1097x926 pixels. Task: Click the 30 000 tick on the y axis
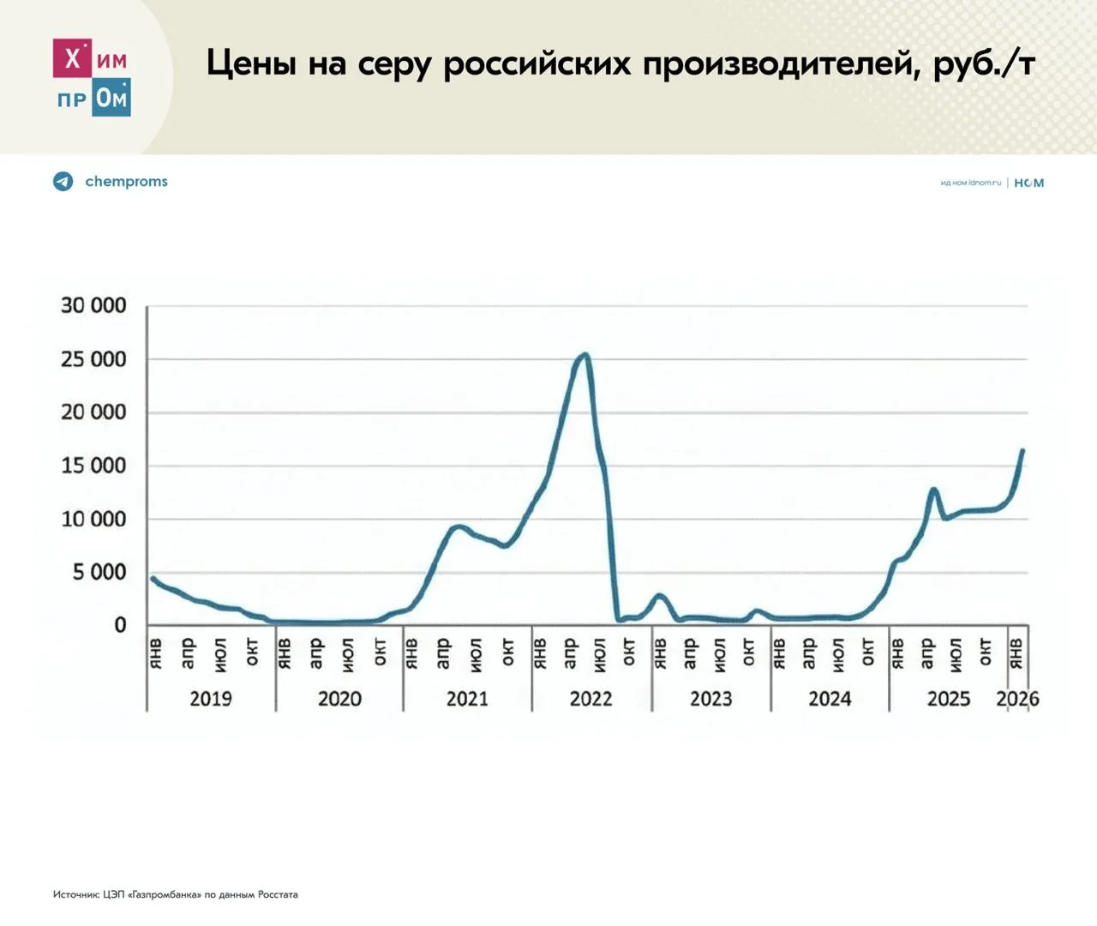(x=93, y=306)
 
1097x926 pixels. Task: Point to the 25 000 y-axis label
(x=93, y=359)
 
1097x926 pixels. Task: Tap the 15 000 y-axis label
(x=93, y=466)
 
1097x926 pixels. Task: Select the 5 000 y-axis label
(x=99, y=572)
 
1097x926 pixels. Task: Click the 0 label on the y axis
(x=120, y=626)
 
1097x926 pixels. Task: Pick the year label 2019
(x=211, y=699)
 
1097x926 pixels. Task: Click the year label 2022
(x=591, y=699)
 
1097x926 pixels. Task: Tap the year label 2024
(x=830, y=699)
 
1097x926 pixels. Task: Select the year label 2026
(x=1017, y=699)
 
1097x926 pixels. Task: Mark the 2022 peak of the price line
(x=584, y=354)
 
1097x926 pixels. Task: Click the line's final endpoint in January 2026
(x=1022, y=451)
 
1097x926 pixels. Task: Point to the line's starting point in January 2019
(x=153, y=579)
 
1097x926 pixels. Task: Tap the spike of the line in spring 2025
(x=933, y=490)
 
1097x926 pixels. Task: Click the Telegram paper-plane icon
(x=63, y=182)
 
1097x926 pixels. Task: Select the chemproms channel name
(x=126, y=182)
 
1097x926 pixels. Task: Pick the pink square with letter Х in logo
(x=72, y=58)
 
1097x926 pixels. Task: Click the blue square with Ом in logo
(x=111, y=98)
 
